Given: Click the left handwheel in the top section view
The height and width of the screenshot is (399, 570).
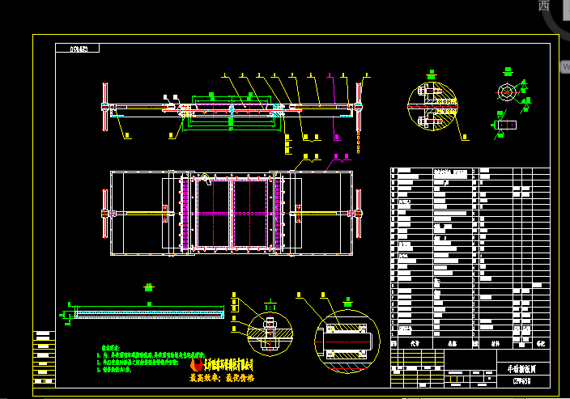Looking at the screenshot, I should [104, 106].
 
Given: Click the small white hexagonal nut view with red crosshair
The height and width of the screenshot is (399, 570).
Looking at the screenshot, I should [507, 91].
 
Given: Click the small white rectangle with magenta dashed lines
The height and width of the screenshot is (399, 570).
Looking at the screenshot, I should [508, 125].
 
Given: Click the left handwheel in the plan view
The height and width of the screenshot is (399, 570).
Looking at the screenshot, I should [105, 213].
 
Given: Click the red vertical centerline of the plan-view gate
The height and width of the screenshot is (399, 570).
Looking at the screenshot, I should [231, 212].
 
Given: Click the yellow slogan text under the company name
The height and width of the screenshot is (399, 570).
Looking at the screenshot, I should [222, 378].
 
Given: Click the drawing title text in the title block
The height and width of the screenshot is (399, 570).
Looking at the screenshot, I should [516, 367].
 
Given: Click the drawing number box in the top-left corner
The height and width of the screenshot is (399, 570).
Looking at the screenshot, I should [78, 48].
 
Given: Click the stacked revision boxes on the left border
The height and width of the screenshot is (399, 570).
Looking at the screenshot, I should [45, 356].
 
